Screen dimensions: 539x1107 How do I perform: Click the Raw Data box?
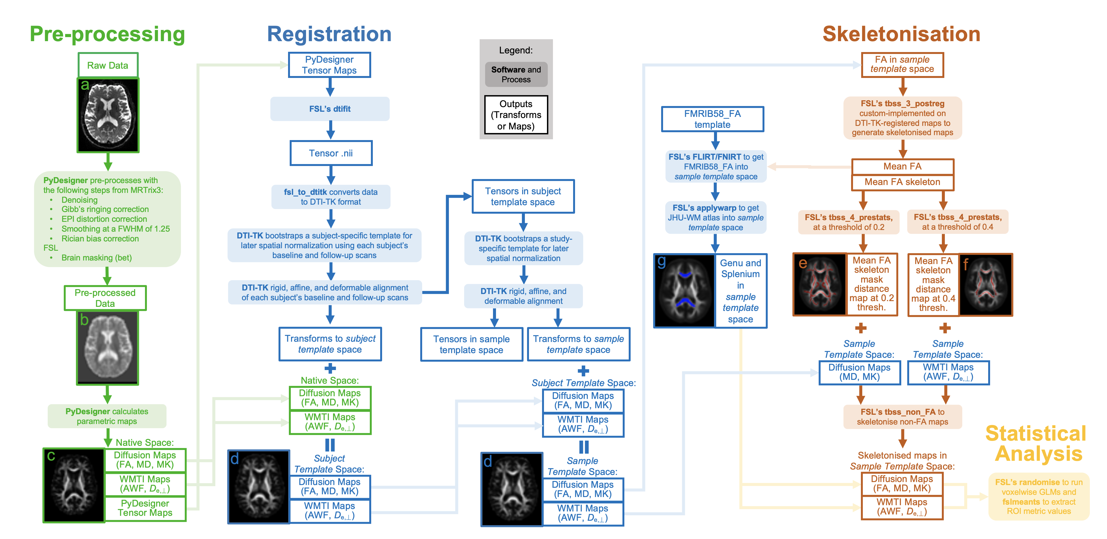click(x=108, y=65)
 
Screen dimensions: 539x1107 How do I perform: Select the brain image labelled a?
click(x=108, y=115)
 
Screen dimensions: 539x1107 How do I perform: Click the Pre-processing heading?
click(x=107, y=34)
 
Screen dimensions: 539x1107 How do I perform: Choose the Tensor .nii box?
click(x=331, y=153)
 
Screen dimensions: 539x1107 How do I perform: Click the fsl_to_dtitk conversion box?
click(x=331, y=197)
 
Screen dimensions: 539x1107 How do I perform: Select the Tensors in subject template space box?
click(x=523, y=196)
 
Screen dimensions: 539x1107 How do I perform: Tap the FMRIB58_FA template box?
click(x=712, y=119)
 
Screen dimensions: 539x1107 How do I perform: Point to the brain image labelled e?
click(x=819, y=284)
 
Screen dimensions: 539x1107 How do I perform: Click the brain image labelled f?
click(x=986, y=284)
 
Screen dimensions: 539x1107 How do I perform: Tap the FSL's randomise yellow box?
click(x=1039, y=496)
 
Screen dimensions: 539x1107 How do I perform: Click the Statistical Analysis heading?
click(x=1036, y=444)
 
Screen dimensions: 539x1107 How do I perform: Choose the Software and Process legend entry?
click(x=516, y=74)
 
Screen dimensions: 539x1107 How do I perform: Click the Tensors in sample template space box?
click(x=471, y=344)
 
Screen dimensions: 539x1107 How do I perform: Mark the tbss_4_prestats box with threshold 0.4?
click(x=957, y=222)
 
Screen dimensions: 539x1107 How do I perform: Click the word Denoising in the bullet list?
click(x=80, y=200)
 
